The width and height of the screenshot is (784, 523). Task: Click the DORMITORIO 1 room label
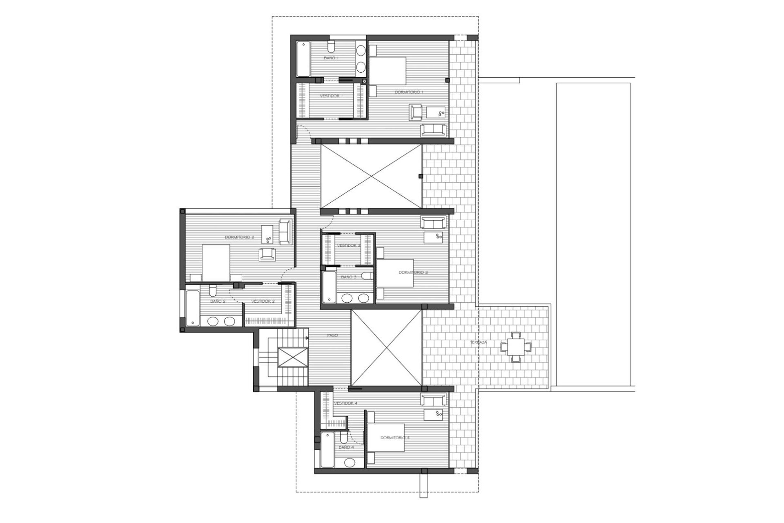(x=409, y=92)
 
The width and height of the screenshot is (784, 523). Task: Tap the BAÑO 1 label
(x=331, y=58)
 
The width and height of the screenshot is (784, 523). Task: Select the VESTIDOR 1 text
(x=331, y=96)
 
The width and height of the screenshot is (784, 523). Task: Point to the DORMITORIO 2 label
(x=239, y=237)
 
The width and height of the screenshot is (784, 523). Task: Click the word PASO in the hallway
(x=332, y=335)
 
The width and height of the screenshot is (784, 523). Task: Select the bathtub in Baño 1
(x=303, y=59)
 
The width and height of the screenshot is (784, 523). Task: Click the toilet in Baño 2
(x=212, y=291)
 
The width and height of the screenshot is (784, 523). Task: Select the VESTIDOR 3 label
(x=348, y=246)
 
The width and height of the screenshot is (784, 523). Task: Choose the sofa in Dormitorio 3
(x=434, y=223)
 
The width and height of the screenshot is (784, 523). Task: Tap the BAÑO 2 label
(x=218, y=301)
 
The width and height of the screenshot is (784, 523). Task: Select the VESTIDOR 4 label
(x=345, y=403)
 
